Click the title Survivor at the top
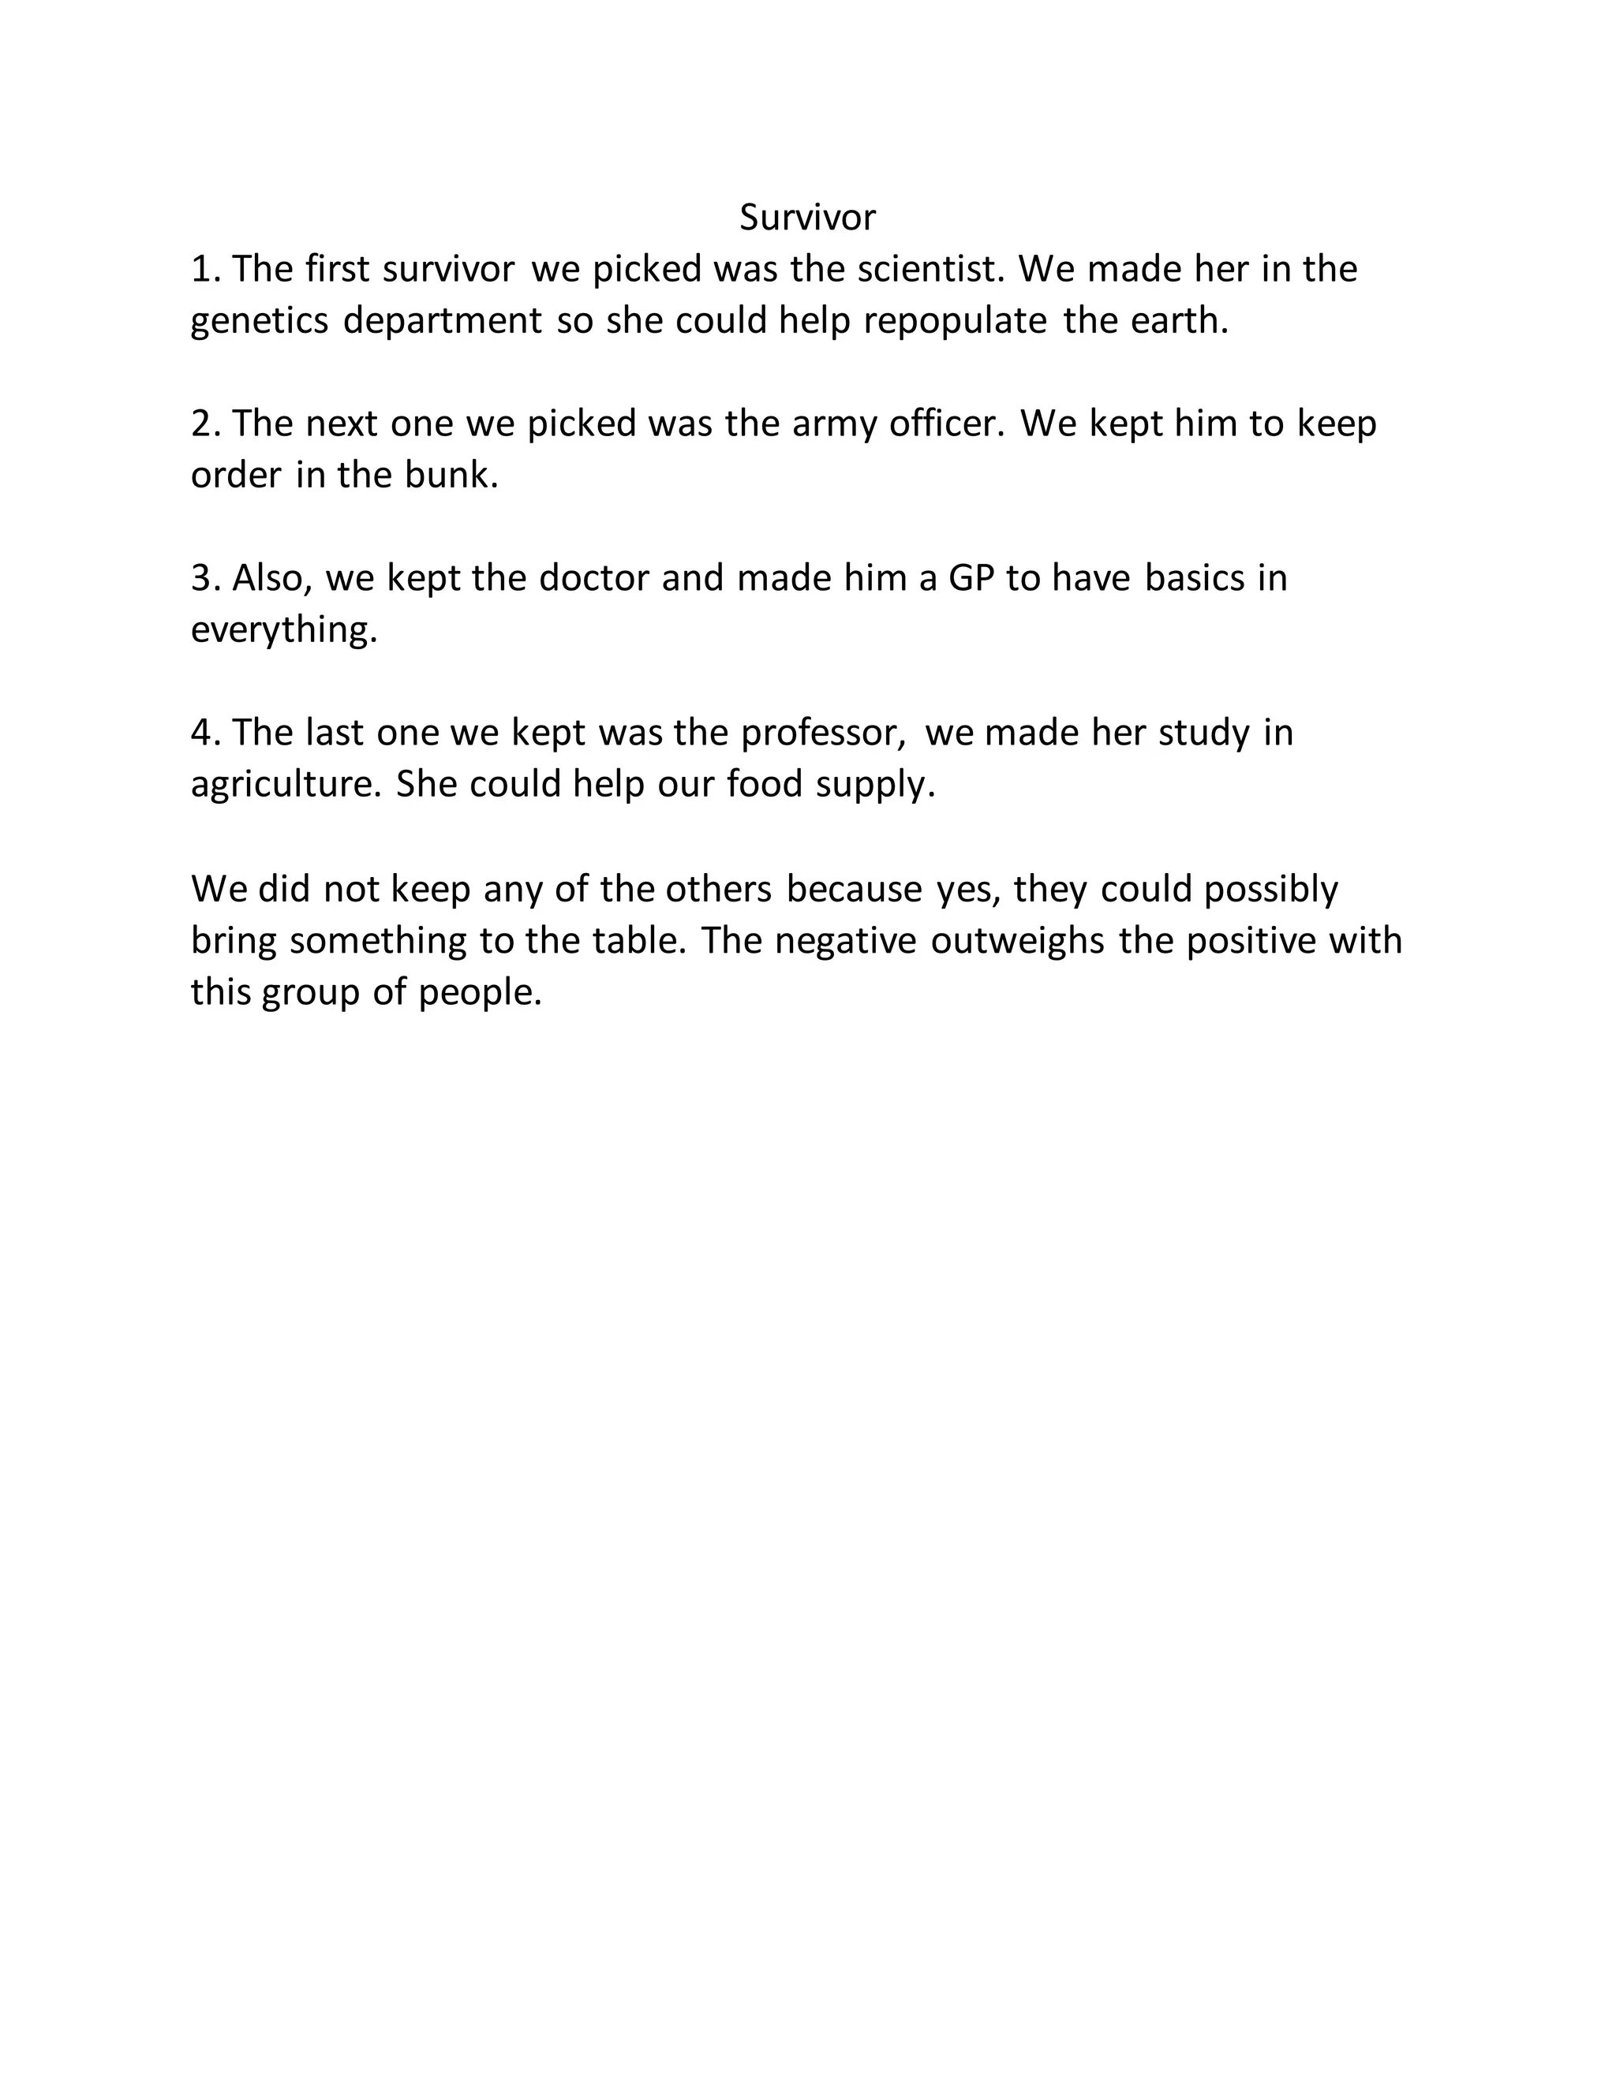tap(807, 218)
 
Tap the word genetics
tap(260, 322)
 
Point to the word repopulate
tap(955, 322)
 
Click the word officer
tap(947, 424)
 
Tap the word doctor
tap(593, 579)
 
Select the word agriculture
tap(286, 785)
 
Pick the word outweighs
tap(1018, 941)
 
